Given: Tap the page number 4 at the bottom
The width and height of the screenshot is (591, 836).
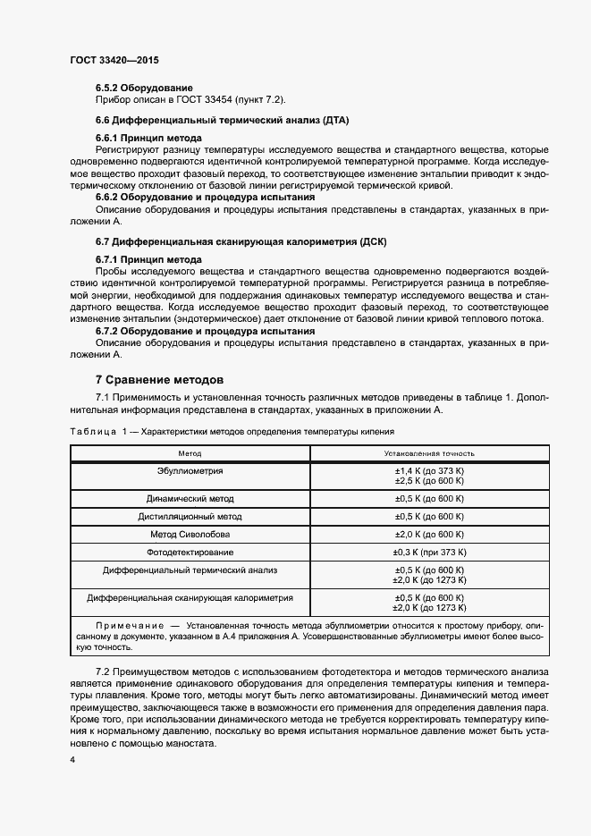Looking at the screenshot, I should click(x=73, y=759).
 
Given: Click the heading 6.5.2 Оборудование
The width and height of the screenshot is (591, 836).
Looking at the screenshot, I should click(x=144, y=88).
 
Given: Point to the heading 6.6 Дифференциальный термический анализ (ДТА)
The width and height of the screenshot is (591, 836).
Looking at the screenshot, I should click(x=222, y=119).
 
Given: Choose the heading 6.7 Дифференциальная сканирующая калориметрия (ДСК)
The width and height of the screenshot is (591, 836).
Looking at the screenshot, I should click(x=241, y=242).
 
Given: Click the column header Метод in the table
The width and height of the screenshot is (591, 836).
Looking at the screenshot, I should click(x=190, y=454).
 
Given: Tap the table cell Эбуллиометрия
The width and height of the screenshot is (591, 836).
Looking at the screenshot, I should click(x=190, y=470).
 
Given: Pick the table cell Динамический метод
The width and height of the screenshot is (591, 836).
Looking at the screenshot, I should click(x=190, y=498).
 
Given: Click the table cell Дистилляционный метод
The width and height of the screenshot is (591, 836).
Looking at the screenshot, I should click(x=190, y=517).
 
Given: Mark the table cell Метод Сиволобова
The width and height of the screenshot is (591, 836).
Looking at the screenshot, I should click(x=190, y=535).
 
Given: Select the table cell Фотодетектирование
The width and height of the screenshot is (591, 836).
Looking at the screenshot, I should click(x=190, y=553).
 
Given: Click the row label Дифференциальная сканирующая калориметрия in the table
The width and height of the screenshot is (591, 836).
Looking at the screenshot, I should click(x=190, y=597).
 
